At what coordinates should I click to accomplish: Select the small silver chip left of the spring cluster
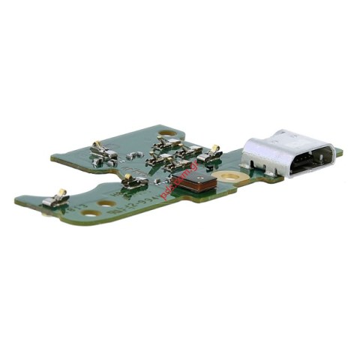pyautogui.click(x=135, y=156)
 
